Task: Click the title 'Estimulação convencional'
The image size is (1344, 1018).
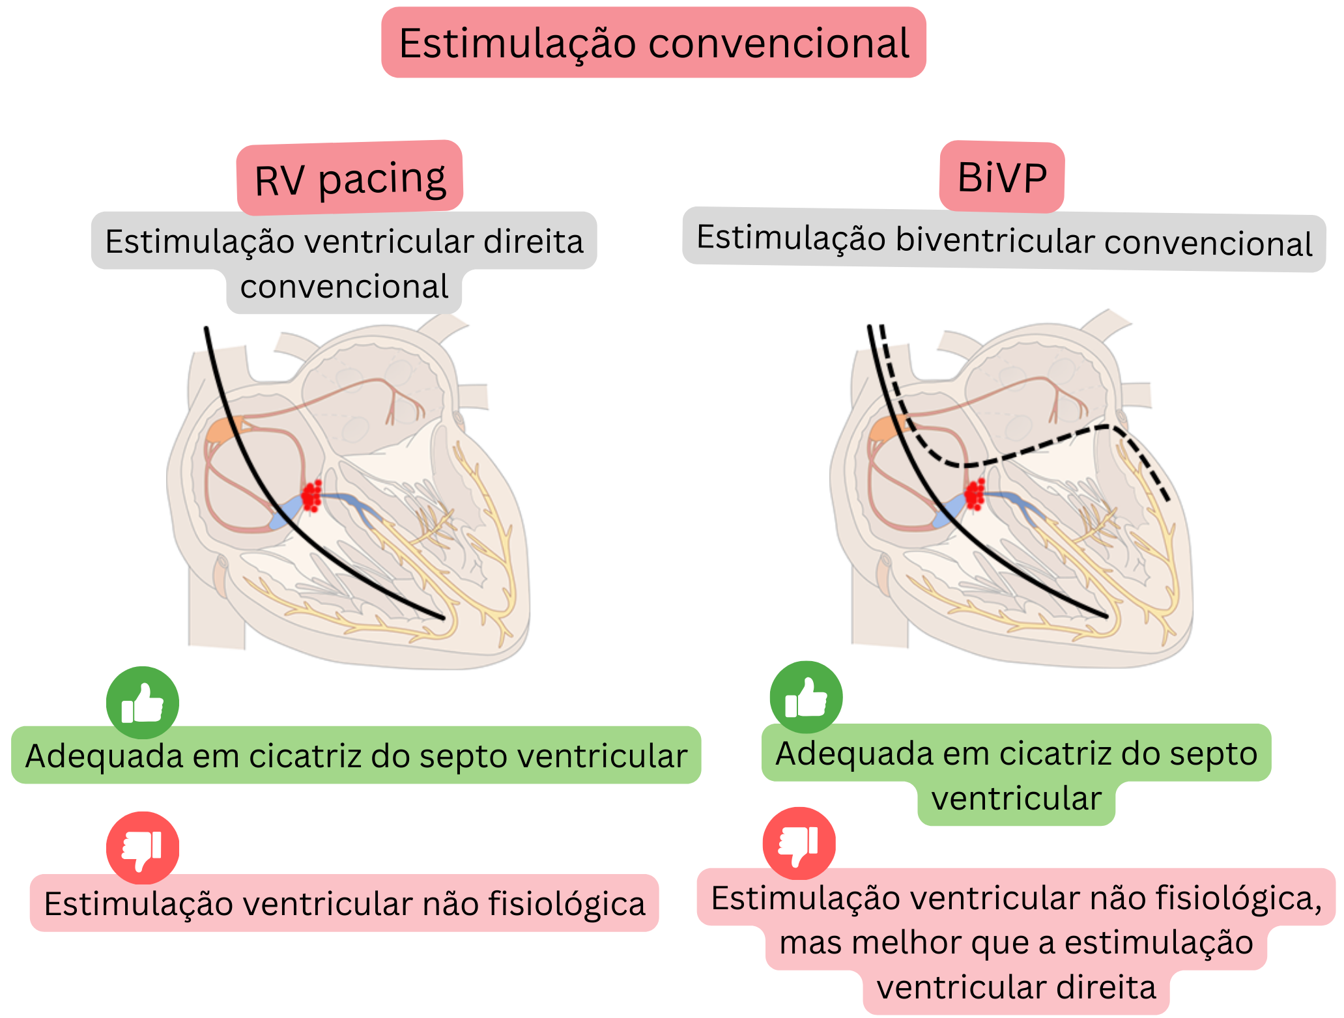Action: click(653, 43)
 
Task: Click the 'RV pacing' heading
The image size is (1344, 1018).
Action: click(350, 178)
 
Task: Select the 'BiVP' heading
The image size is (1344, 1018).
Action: click(1002, 177)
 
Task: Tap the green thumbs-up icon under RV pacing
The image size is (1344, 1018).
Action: click(143, 703)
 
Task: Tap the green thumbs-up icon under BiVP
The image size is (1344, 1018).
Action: click(806, 698)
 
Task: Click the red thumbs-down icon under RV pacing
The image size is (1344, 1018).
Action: click(143, 847)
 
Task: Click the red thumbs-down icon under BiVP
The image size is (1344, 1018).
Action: click(799, 843)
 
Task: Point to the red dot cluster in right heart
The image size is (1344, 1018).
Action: click(975, 494)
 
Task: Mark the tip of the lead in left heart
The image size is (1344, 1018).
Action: click(443, 617)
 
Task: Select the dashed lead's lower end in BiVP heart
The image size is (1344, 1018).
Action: click(1167, 499)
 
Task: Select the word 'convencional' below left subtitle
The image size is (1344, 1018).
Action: click(344, 287)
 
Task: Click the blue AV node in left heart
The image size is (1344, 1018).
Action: click(287, 511)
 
